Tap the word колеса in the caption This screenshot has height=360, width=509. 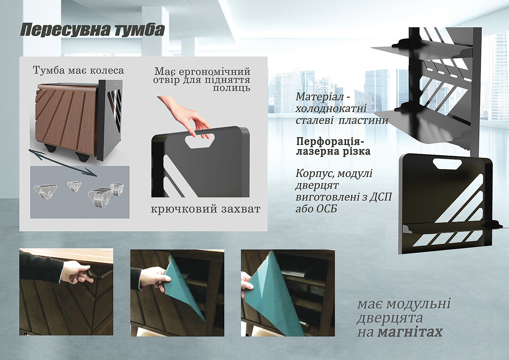pos(107,71)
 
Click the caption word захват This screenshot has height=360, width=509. pos(241,209)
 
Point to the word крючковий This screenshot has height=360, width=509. pos(184,209)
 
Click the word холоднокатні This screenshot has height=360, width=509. pos(331,109)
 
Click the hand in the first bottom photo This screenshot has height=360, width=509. pos(76,272)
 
